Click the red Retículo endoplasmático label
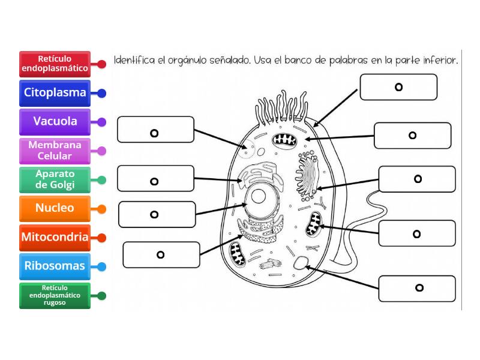[x=55, y=64]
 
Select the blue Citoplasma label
[x=55, y=93]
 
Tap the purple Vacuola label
[x=55, y=122]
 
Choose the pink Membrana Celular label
[x=55, y=151]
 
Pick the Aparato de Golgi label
[x=55, y=179]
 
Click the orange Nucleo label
[x=55, y=208]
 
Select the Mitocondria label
[x=55, y=237]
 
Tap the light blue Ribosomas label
[x=55, y=266]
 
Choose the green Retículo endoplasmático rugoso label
[x=55, y=295]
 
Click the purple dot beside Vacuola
[x=102, y=122]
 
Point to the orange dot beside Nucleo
[x=102, y=209]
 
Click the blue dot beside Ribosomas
[x=102, y=266]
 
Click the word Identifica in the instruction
[x=134, y=61]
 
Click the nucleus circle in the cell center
[x=260, y=197]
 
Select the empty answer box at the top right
[x=398, y=87]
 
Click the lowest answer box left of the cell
[x=160, y=254]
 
